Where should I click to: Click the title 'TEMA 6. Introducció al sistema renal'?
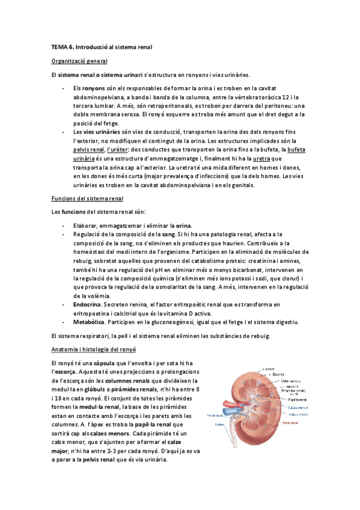102,46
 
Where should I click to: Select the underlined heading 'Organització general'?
81,61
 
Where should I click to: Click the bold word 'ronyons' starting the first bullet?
94,88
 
